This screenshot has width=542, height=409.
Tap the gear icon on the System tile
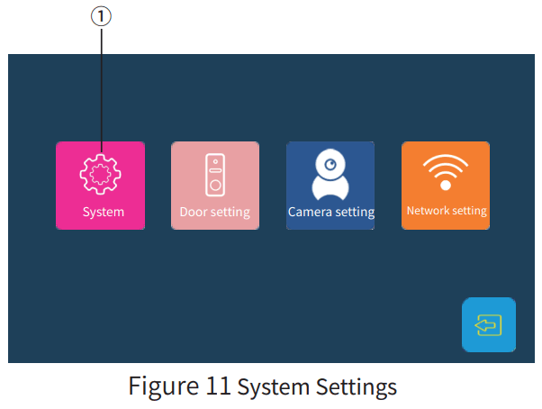[x=100, y=175]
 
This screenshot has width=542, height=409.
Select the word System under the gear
[x=103, y=213]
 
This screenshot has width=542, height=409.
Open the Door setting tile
[x=215, y=186]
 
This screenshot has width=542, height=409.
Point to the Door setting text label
[x=215, y=213]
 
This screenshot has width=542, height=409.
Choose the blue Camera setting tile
[x=330, y=186]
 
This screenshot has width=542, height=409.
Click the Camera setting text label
[x=330, y=213]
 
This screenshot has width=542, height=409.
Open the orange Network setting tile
[x=446, y=186]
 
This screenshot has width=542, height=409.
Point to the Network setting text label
[x=447, y=211]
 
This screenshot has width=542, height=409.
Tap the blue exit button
[x=489, y=324]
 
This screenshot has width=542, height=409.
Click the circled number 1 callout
[x=101, y=14]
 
